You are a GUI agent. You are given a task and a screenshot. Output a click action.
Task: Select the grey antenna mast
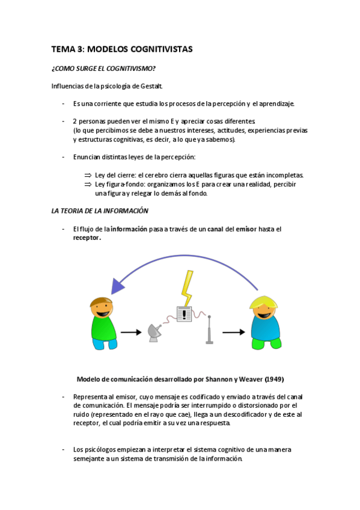(x=209, y=328)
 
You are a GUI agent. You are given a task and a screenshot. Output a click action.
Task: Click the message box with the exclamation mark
(x=183, y=314)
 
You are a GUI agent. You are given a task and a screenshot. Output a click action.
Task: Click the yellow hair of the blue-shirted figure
(x=264, y=300)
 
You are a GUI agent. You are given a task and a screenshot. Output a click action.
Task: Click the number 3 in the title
(x=79, y=50)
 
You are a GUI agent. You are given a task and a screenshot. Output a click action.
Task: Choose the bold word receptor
(x=86, y=238)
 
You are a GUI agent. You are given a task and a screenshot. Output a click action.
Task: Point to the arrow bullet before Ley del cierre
(x=87, y=175)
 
